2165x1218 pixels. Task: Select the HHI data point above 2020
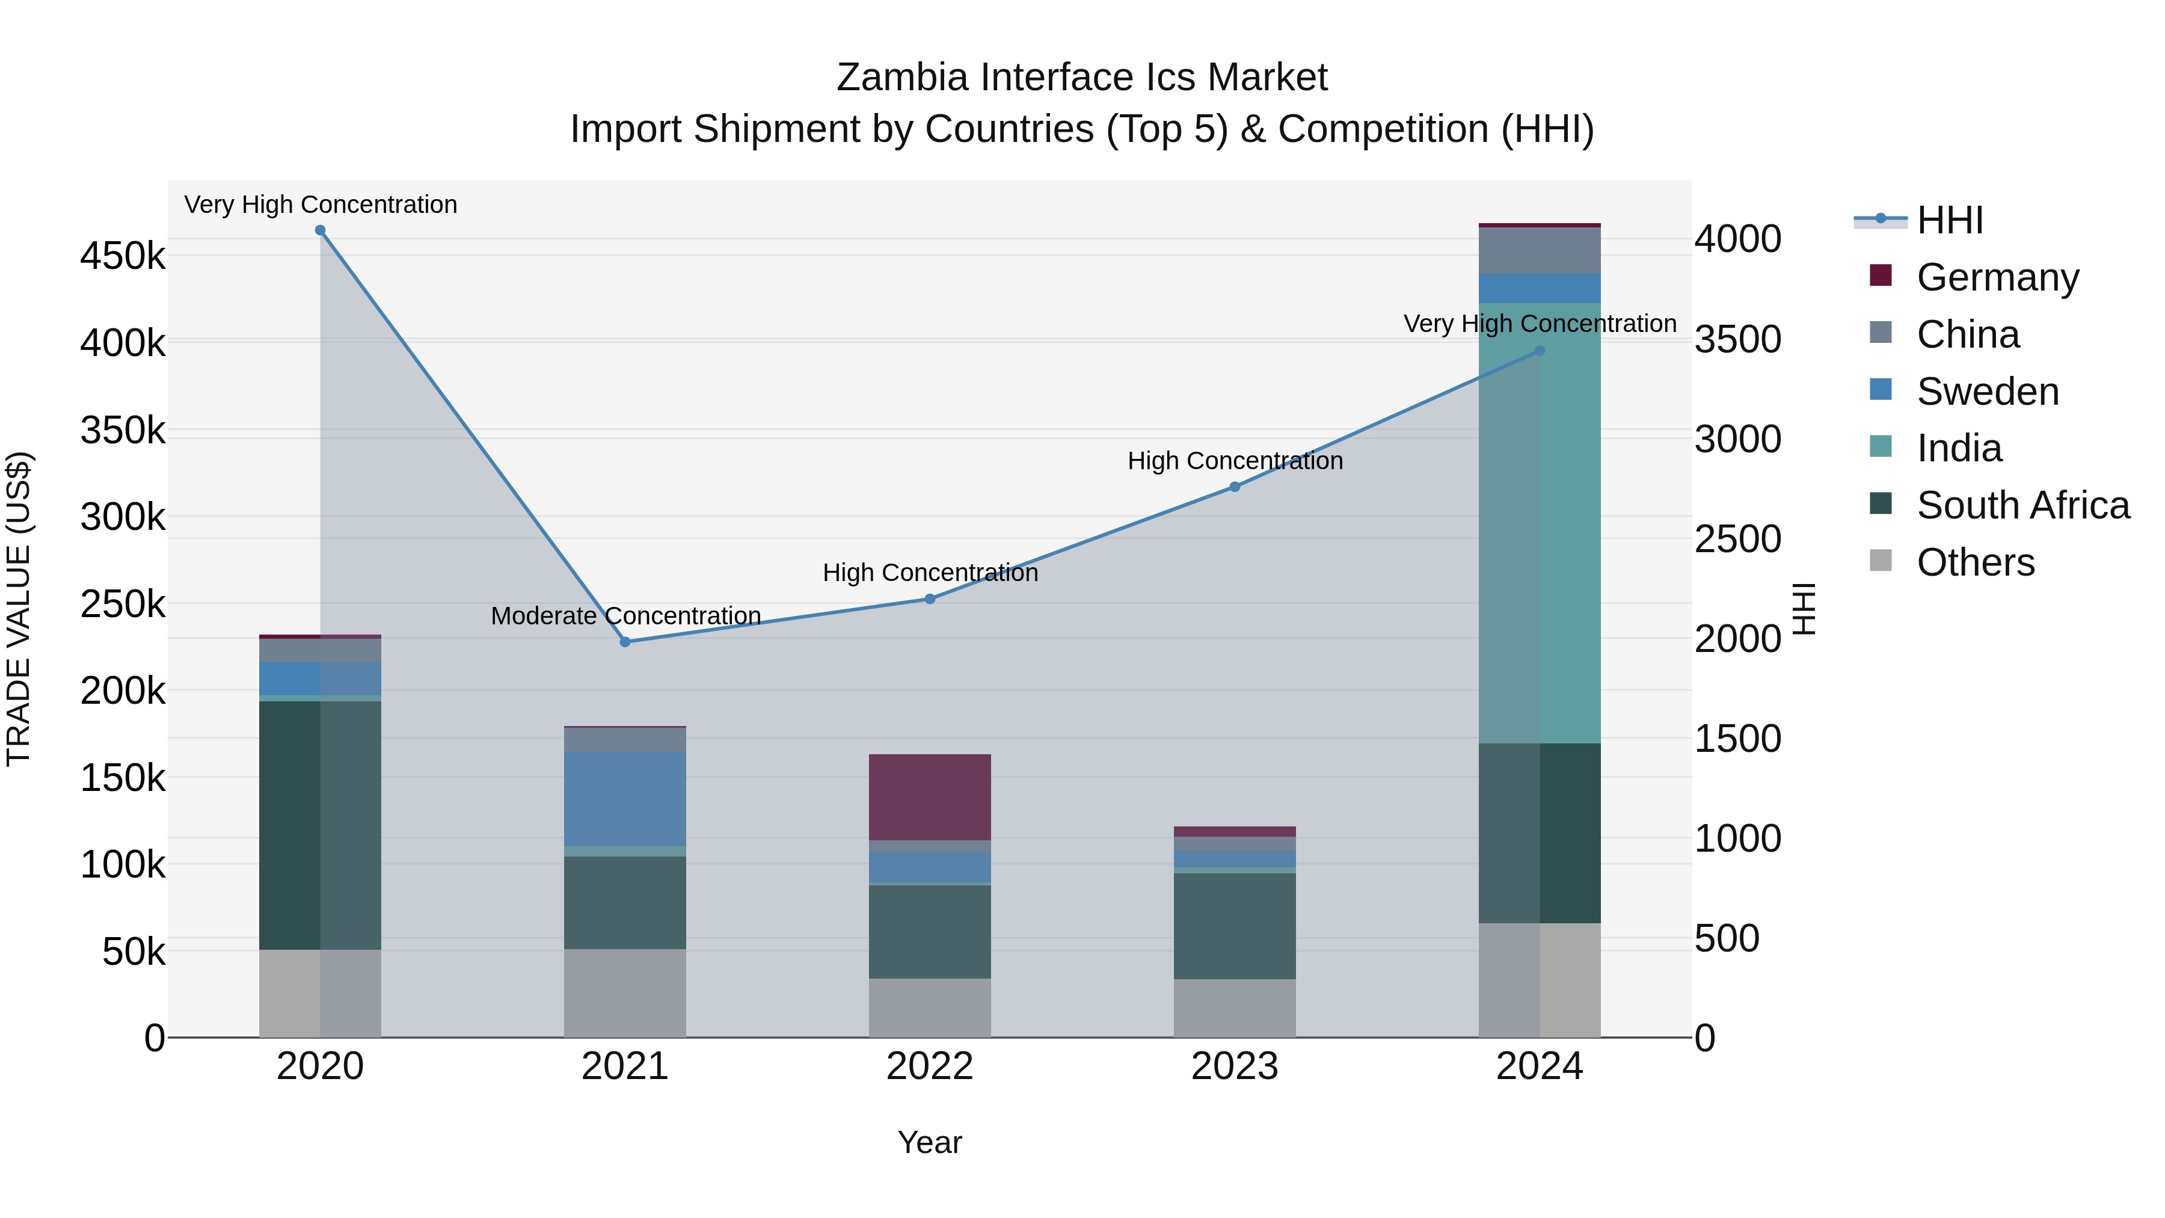pos(320,230)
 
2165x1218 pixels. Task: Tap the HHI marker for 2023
pos(1235,487)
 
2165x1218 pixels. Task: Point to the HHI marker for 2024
pos(1540,351)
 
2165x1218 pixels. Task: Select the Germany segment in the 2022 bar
pos(930,797)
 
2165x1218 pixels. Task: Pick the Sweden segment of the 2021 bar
pos(624,799)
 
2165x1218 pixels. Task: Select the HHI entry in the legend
pos(1950,220)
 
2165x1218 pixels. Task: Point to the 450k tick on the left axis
pos(123,256)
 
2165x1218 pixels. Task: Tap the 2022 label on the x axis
pos(930,1066)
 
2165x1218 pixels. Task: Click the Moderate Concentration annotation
pos(625,616)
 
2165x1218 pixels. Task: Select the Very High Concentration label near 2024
pos(1540,324)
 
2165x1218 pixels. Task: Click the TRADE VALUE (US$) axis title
pos(19,609)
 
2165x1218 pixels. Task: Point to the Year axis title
pos(930,1142)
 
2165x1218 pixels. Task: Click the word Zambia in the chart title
pos(902,78)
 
